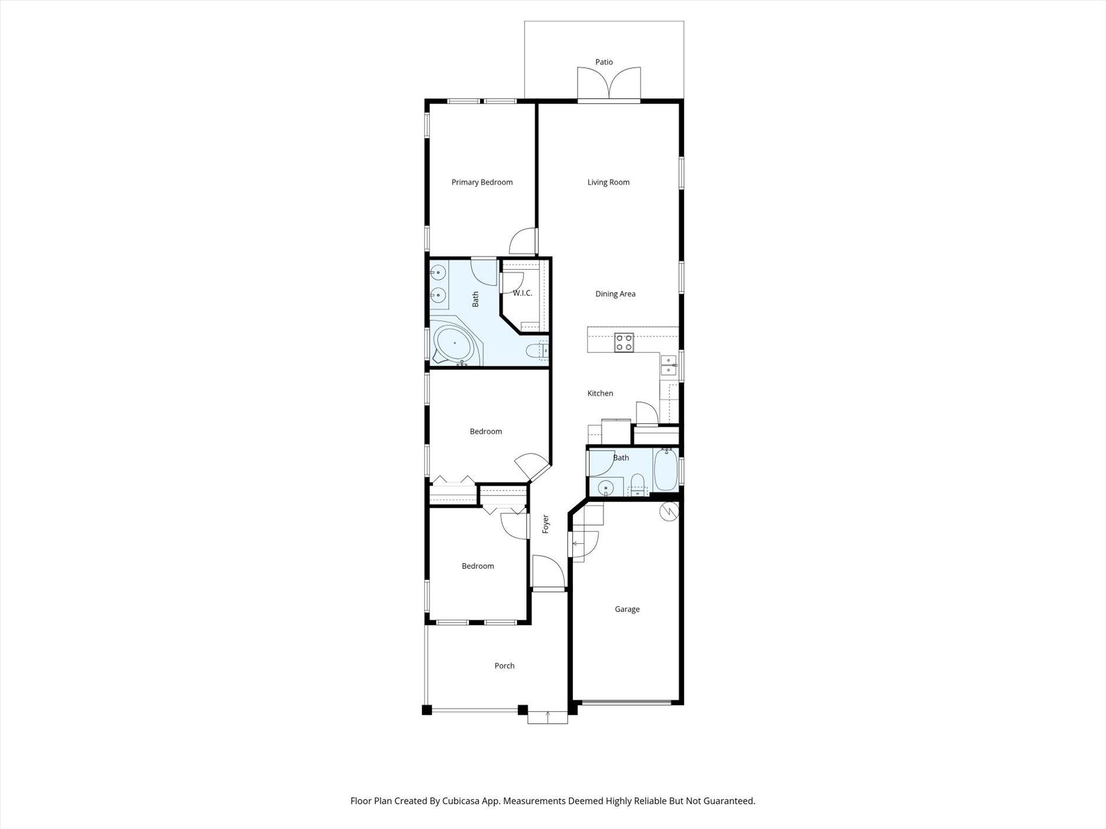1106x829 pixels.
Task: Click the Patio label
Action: [604, 62]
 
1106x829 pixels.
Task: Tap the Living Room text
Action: [608, 182]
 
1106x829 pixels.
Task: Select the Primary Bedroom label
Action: [482, 182]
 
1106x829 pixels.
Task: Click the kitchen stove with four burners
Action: [624, 342]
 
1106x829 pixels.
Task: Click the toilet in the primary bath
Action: [537, 352]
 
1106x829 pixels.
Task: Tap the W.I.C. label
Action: [522, 293]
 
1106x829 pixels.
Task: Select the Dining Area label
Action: [615, 294]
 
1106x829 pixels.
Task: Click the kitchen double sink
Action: [668, 365]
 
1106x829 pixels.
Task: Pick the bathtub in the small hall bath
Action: [666, 470]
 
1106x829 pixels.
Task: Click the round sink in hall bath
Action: [605, 487]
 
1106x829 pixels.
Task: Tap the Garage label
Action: [627, 609]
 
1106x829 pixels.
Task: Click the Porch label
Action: [504, 666]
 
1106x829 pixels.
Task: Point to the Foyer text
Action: [545, 524]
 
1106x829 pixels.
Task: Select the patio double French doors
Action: [609, 84]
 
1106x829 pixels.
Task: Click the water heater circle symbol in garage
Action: [669, 511]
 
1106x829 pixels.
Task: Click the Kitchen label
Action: [600, 393]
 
